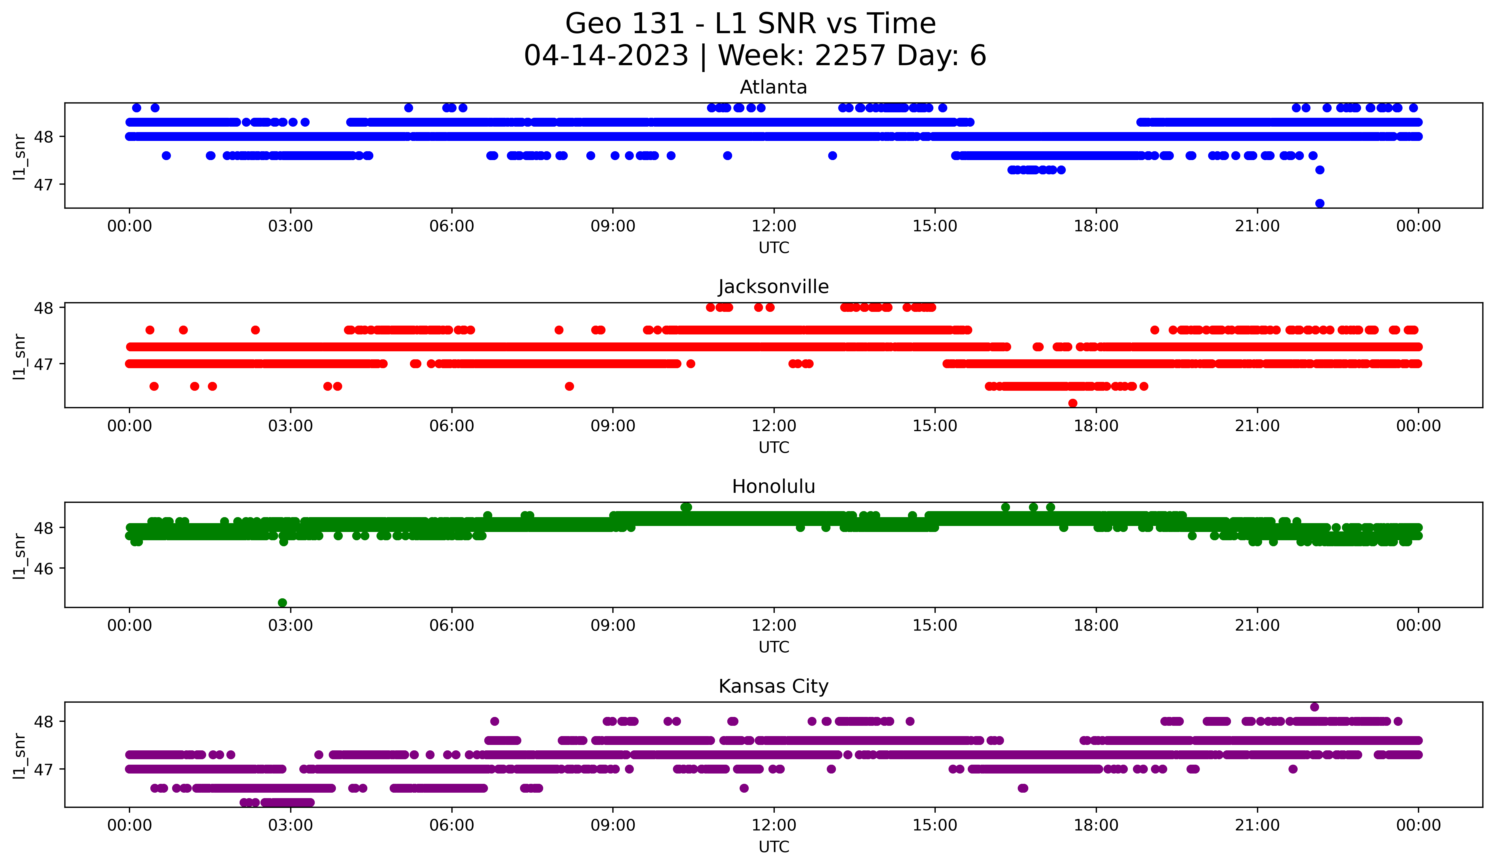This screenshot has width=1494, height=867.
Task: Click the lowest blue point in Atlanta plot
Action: pyautogui.click(x=1320, y=203)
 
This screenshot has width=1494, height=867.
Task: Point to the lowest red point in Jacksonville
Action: pyautogui.click(x=1073, y=403)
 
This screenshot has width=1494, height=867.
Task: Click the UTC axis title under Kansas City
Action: pyautogui.click(x=774, y=847)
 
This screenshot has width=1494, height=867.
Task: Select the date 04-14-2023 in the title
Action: pyautogui.click(x=606, y=56)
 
